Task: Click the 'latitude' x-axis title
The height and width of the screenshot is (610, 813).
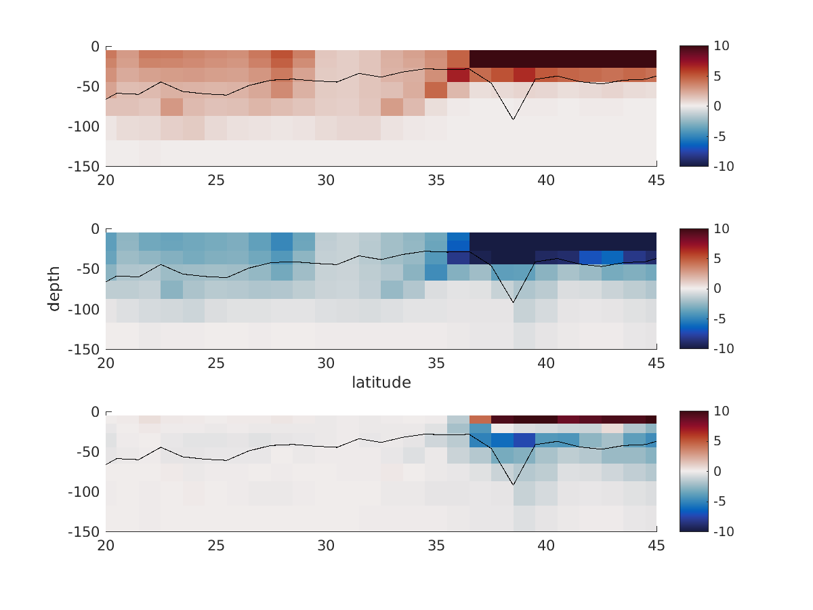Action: tap(381, 383)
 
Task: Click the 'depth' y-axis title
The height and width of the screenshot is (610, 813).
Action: tap(54, 289)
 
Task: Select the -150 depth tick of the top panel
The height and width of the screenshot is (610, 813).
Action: tap(84, 167)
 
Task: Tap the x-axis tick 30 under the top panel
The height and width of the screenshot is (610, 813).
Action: tap(326, 181)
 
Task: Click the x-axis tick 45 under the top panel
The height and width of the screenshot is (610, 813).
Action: tap(656, 181)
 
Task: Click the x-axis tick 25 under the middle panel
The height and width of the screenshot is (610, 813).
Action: tap(216, 364)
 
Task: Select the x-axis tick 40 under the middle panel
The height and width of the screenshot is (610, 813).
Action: tap(546, 364)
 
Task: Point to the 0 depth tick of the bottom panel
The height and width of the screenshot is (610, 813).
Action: tap(95, 412)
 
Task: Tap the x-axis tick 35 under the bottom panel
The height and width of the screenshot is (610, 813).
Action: tap(436, 546)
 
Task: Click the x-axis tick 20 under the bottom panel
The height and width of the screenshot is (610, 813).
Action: tap(106, 546)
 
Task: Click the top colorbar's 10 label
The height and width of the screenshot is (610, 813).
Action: tap(722, 46)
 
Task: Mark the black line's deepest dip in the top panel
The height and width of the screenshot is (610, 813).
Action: tap(513, 120)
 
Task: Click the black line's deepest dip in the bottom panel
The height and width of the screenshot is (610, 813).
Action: tap(513, 485)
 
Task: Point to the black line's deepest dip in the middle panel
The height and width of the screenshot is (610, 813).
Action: tap(513, 302)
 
